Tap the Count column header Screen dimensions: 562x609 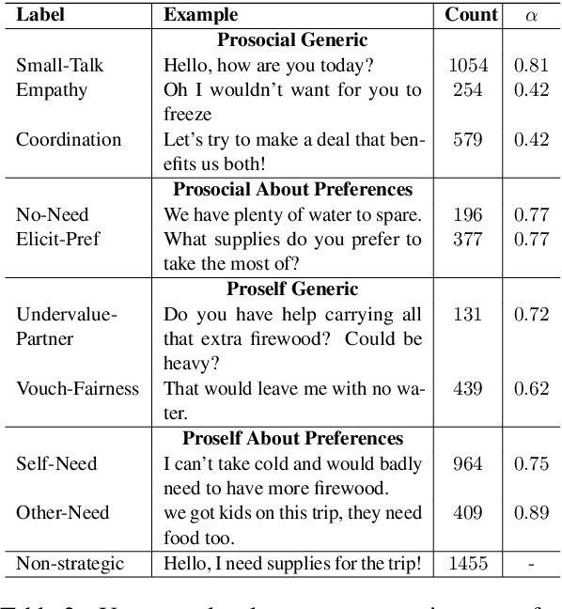point(471,15)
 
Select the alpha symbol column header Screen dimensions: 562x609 point(532,16)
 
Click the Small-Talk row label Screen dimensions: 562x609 point(59,66)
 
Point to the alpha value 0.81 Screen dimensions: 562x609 point(532,66)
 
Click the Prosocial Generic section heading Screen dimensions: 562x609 point(292,40)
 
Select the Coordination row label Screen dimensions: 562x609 point(69,139)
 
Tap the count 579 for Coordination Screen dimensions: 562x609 point(467,139)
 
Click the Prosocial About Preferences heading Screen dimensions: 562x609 point(292,190)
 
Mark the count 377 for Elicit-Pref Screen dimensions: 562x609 point(467,239)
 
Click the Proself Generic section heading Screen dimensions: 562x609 point(292,289)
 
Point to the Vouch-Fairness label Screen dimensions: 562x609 point(77,387)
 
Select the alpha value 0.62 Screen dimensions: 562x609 point(532,387)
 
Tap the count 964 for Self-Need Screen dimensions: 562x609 point(467,463)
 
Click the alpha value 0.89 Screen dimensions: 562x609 point(532,512)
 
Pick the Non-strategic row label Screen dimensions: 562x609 point(70,563)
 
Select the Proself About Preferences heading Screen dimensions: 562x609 point(292,438)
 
